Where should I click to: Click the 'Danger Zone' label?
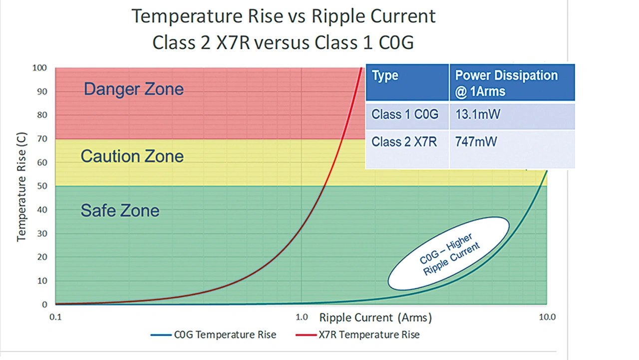pyautogui.click(x=133, y=89)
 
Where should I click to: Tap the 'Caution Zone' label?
pyautogui.click(x=132, y=156)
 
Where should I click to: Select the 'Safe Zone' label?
pyautogui.click(x=120, y=210)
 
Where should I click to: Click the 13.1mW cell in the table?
pyautogui.click(x=478, y=115)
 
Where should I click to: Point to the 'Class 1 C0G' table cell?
pyautogui.click(x=405, y=115)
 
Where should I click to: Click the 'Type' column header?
pyautogui.click(x=385, y=76)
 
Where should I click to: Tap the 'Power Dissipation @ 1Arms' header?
pyautogui.click(x=506, y=83)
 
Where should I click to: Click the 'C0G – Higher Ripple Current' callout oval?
pyautogui.click(x=448, y=253)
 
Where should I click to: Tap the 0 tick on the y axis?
pyautogui.click(x=45, y=305)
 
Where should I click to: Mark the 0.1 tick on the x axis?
pyautogui.click(x=55, y=317)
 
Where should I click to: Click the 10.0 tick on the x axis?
pyautogui.click(x=547, y=317)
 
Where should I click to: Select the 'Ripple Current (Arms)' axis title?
pyautogui.click(x=375, y=317)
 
